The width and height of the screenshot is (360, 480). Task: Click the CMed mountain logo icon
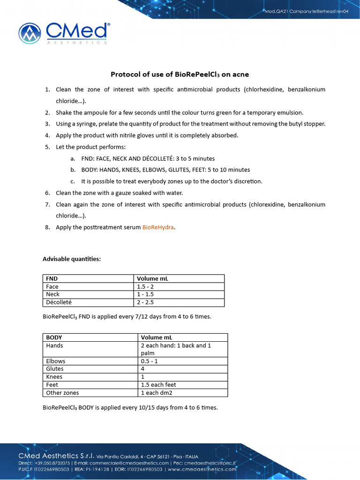point(30,33)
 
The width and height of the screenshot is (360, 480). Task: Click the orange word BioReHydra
point(158,227)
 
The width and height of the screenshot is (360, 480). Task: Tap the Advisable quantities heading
point(72,259)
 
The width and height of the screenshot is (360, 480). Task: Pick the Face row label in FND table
point(52,286)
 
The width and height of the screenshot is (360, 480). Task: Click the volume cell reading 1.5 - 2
point(145,286)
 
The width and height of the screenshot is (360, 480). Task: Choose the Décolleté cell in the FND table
point(59,302)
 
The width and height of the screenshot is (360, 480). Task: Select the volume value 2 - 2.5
point(146,302)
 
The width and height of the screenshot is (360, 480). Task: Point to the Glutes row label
point(55,369)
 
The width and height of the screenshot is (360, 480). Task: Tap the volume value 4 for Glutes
point(143,369)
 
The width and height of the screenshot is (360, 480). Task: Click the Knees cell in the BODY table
point(54,377)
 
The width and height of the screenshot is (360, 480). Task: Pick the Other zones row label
point(63,393)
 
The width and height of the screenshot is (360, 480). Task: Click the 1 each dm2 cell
point(157,393)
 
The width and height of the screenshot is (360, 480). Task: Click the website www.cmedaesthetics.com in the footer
point(202,469)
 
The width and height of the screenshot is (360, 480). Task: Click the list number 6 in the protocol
point(47,193)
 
